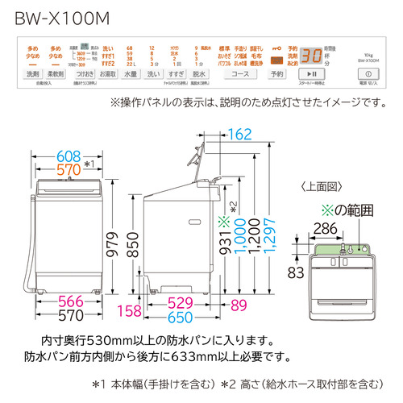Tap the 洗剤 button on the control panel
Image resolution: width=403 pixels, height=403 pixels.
(x=32, y=74)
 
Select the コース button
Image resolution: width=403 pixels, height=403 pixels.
(x=239, y=74)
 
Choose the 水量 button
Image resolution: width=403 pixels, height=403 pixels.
(x=133, y=74)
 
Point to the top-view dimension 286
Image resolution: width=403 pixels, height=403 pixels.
(x=326, y=228)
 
